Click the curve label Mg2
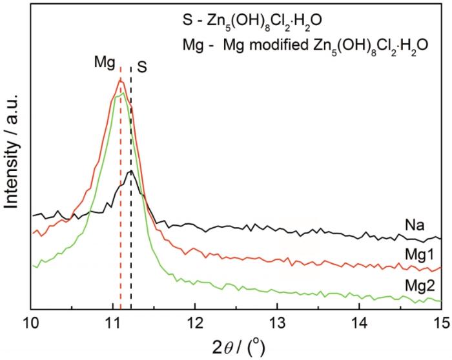click(418, 285)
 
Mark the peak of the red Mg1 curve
click(120, 80)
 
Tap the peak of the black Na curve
click(130, 171)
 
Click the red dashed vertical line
click(121, 194)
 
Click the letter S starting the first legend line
click(186, 18)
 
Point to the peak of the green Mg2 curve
click(121, 94)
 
